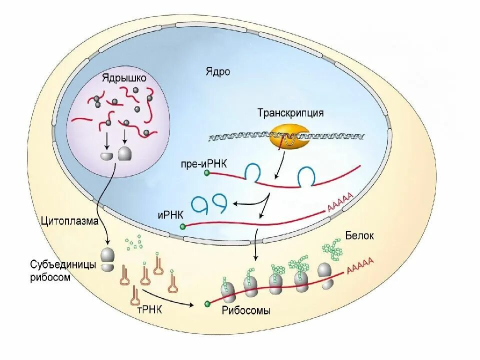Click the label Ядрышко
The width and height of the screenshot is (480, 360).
[x=124, y=78]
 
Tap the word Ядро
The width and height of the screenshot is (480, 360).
[x=217, y=71]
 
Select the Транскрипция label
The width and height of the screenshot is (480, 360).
[x=290, y=113]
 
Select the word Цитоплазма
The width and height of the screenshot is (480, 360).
[x=69, y=221]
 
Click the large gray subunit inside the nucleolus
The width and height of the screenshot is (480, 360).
[x=124, y=153]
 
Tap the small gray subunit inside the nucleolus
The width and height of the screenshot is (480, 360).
[x=107, y=156]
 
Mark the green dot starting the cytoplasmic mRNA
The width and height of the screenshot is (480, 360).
[x=207, y=303]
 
